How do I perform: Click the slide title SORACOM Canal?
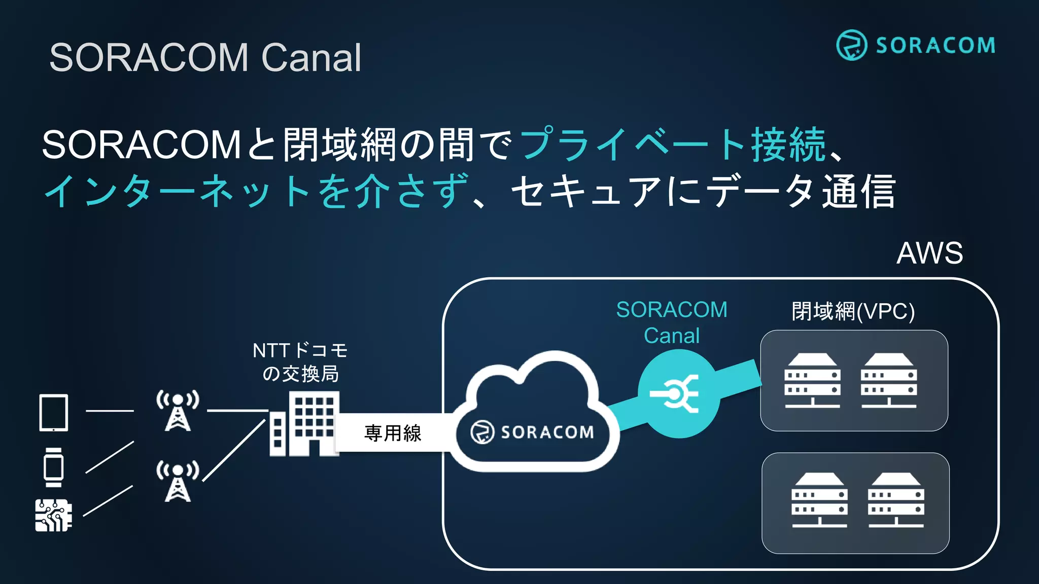205,57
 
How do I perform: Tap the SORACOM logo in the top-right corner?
916,45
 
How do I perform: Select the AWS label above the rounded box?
929,253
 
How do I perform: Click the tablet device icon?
54,413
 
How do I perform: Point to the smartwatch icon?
53,467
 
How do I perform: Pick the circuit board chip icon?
53,515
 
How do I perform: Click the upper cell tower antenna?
178,411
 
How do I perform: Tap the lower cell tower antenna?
178,481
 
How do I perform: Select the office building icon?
304,425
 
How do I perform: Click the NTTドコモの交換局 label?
300,362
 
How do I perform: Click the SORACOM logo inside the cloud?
533,432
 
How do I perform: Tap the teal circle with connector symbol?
678,393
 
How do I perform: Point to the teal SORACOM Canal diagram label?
672,322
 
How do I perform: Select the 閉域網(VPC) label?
853,311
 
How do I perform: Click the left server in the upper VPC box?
812,381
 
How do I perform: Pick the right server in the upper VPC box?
889,381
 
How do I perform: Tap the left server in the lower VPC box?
819,500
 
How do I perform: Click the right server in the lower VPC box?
896,500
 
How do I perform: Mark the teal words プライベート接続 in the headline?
673,144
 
